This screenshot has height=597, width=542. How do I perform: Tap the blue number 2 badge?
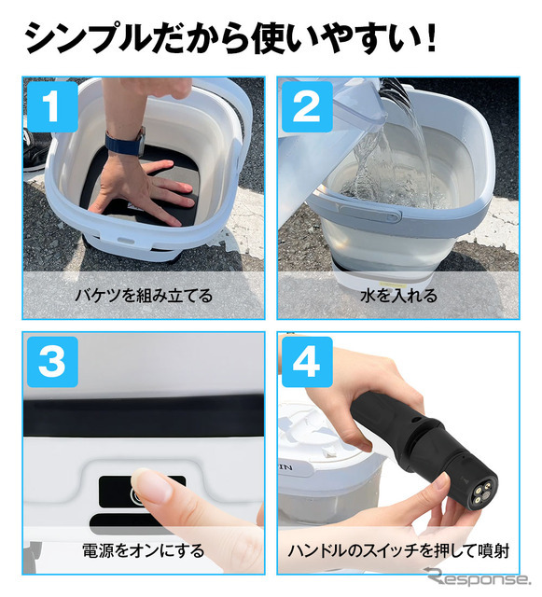tap(307, 106)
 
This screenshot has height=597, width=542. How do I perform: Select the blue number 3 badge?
tap(52, 362)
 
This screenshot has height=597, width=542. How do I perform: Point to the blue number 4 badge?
tap(307, 362)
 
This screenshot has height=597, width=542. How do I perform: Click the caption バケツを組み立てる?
tap(144, 296)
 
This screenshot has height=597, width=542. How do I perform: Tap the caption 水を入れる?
tap(398, 296)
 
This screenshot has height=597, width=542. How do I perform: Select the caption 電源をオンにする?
tap(144, 550)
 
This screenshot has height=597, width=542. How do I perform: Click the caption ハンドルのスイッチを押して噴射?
tap(398, 550)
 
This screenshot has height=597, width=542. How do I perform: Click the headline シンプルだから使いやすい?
tap(231, 38)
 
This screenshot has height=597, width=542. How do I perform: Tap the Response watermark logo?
tap(479, 577)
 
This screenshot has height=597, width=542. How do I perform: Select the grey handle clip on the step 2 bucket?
tap(370, 213)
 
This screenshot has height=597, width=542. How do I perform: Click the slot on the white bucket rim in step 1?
tap(125, 241)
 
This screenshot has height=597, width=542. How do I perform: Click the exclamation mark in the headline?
tap(431, 38)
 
